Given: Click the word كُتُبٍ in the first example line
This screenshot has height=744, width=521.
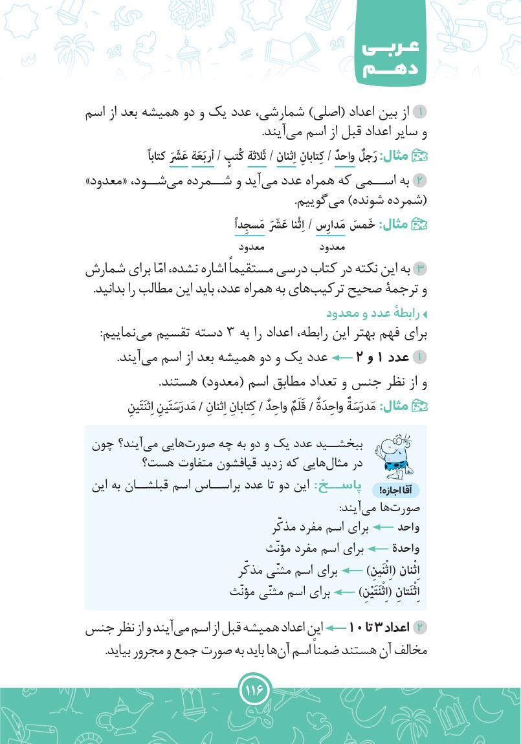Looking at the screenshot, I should [225, 156].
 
